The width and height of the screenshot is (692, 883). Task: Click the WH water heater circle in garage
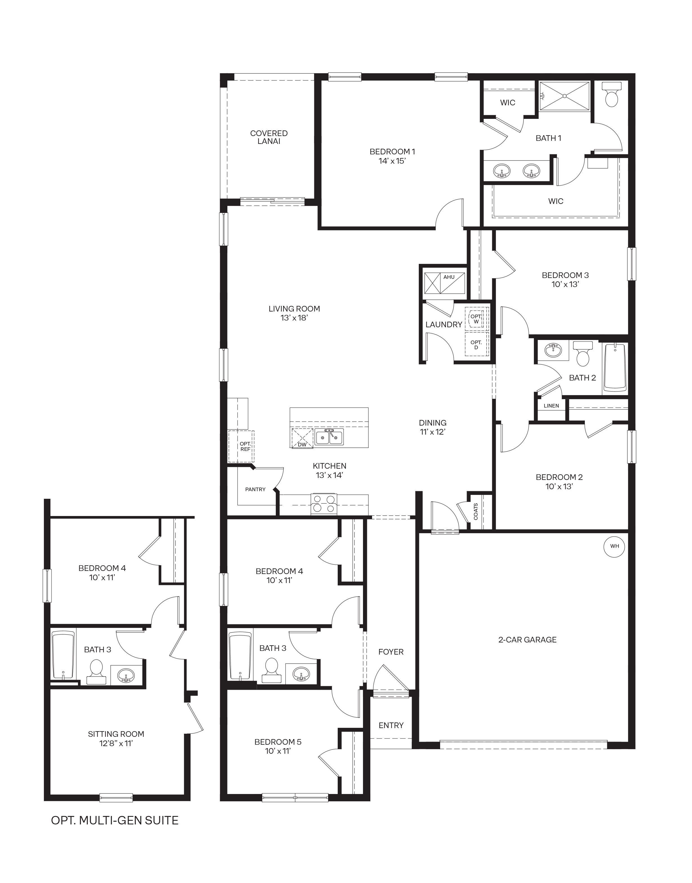615,546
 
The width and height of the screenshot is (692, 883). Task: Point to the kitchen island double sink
329,437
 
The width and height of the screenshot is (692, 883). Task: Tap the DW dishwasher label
302,444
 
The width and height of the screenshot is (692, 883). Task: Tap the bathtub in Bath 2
615,368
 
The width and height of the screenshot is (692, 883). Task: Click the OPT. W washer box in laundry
476,319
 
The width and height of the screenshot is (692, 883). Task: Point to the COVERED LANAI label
269,137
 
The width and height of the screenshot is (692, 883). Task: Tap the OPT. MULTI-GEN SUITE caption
115,820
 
